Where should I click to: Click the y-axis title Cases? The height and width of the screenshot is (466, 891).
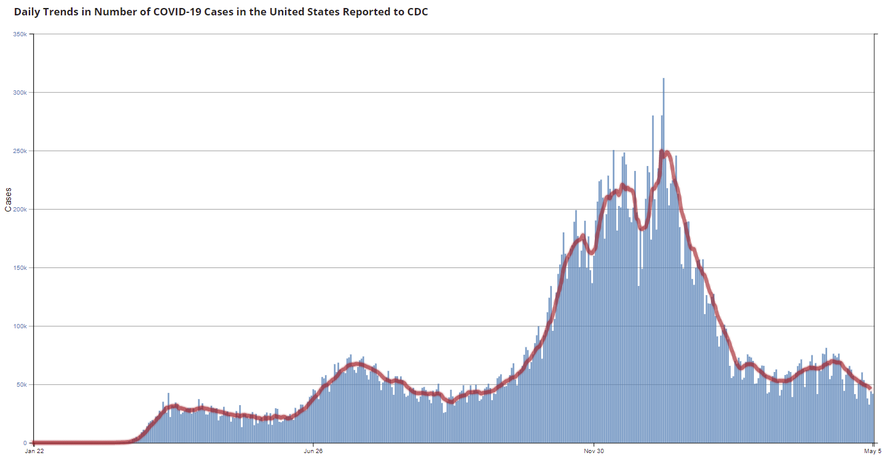point(8,199)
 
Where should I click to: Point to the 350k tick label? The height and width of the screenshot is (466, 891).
point(20,34)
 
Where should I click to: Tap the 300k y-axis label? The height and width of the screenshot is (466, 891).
point(20,92)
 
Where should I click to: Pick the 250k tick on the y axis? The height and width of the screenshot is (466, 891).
point(20,151)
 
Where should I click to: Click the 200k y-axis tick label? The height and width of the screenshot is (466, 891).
point(20,209)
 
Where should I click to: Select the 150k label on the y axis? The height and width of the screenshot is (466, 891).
point(20,267)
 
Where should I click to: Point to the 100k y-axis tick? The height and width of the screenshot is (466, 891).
point(20,326)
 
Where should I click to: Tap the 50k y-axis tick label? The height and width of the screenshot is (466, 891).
point(21,384)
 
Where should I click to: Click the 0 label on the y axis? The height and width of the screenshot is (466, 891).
point(25,443)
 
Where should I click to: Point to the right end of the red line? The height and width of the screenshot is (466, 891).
point(870,387)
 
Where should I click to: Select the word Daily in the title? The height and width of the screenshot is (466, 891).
point(28,12)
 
